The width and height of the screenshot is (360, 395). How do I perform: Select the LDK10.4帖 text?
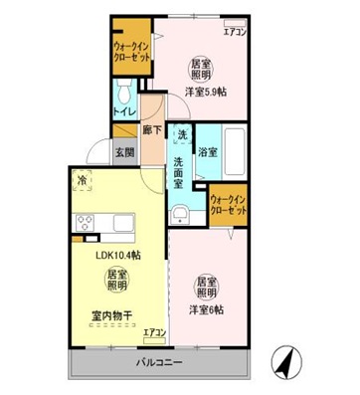pyautogui.click(x=117, y=255)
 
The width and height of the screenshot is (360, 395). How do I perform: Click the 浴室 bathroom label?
pyautogui.click(x=208, y=152)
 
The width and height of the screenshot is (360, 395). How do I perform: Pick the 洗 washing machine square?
pyautogui.click(x=181, y=134)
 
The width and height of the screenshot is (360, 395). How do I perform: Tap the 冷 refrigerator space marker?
pyautogui.click(x=81, y=180)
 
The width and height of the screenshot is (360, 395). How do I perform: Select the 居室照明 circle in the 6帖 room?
pyautogui.click(x=206, y=287)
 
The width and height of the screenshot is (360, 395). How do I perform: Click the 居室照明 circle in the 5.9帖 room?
pyautogui.click(x=203, y=68)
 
